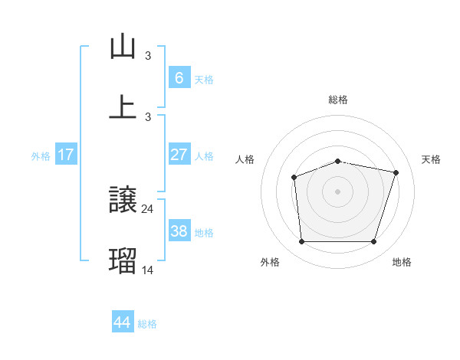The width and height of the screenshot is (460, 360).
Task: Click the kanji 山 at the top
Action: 123,47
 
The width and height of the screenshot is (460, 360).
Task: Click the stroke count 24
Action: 148,208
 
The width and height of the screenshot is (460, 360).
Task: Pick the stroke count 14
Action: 148,270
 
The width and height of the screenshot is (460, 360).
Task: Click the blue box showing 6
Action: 179,78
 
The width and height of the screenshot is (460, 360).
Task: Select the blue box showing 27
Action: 179,155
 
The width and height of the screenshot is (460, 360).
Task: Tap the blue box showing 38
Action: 179,231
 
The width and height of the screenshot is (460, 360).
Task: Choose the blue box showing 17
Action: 66,155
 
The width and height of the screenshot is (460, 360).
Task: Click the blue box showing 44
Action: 122,322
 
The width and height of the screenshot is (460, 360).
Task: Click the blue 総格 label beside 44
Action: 147,324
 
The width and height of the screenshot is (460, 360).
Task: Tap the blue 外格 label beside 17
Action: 41,156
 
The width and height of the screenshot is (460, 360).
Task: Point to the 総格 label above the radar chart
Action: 338,100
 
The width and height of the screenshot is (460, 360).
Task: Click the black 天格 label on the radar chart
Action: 431,159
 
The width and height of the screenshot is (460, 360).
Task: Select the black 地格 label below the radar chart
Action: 402,262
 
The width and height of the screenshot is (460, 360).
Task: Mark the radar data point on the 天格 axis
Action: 396,172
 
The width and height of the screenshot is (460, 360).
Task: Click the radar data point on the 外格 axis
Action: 301,242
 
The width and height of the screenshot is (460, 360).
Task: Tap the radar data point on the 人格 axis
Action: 294,178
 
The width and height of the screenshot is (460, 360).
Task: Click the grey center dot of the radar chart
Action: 338,191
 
